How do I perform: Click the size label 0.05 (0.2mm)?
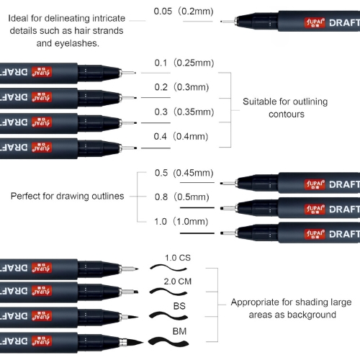point(184,12)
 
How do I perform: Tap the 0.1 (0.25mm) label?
point(184,63)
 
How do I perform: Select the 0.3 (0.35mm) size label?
point(184,112)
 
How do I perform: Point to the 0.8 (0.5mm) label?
point(182,197)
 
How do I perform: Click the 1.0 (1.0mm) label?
point(181,222)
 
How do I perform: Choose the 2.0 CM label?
point(178,282)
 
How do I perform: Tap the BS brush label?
point(179,306)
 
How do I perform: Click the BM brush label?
point(179,331)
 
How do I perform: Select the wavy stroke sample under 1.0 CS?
point(168,268)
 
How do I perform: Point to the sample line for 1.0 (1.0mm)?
point(197,233)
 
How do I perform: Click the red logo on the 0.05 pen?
point(315,22)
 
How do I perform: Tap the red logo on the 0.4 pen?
point(42,148)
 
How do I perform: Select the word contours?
point(287,114)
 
